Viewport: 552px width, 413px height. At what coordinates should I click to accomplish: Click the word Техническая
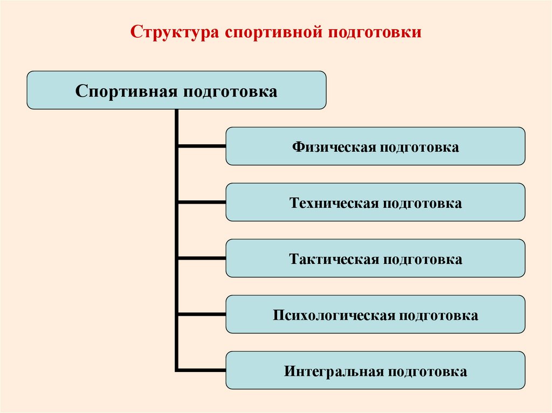[x=334, y=203]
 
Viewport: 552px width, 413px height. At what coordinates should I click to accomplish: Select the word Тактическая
[x=334, y=259]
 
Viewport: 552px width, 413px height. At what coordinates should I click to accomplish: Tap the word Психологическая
[x=334, y=315]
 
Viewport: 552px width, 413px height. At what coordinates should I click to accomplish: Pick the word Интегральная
[x=333, y=371]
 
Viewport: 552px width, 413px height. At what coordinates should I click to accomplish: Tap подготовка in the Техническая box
[x=423, y=203]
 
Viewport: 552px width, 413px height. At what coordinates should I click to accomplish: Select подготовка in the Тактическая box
[x=423, y=259]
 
